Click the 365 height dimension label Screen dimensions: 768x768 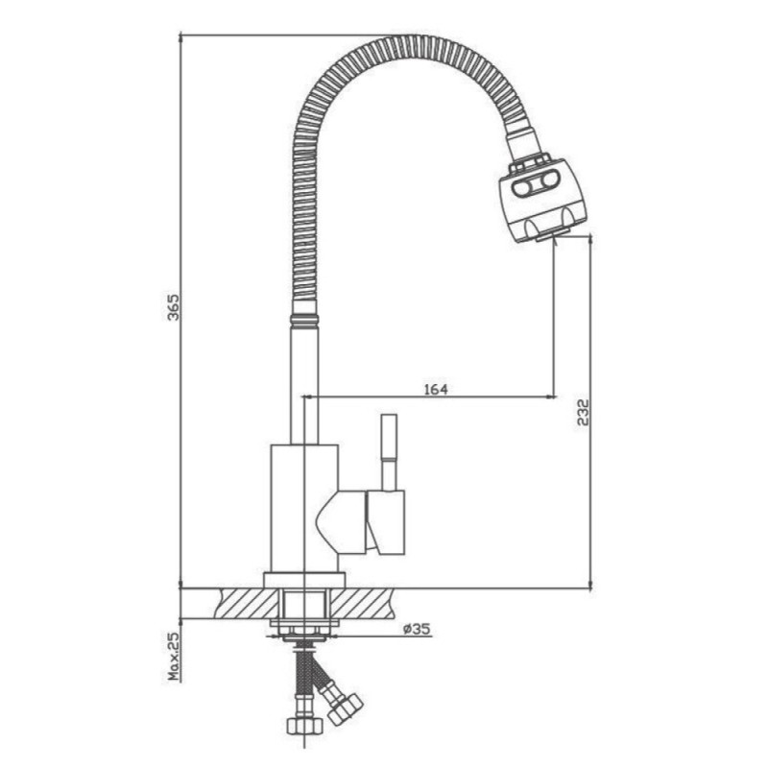click(x=174, y=307)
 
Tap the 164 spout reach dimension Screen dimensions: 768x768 click(x=436, y=390)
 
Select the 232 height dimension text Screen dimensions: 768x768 click(x=583, y=413)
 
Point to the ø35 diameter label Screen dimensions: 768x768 click(x=417, y=629)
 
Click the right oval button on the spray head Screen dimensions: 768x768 click(x=548, y=181)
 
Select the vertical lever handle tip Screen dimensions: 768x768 click(x=390, y=437)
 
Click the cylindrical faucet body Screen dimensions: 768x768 click(x=304, y=509)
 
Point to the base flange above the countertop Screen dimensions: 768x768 click(x=304, y=580)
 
